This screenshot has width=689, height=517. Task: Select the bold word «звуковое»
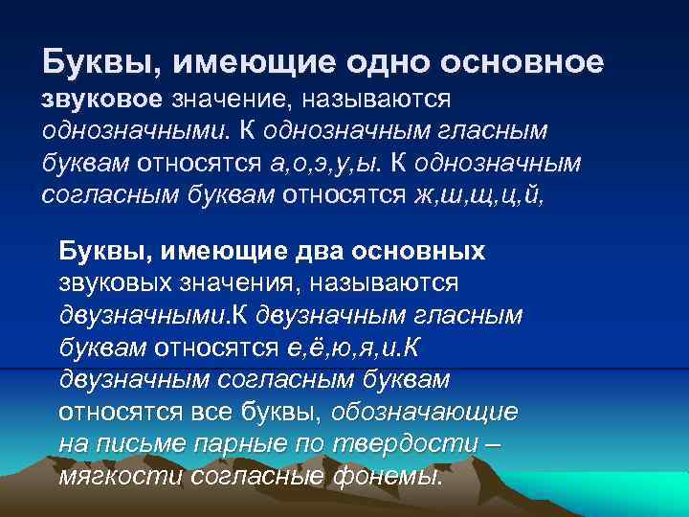click(x=103, y=99)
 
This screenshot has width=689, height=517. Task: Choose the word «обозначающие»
click(x=426, y=413)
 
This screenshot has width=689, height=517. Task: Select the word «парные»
click(x=243, y=445)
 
